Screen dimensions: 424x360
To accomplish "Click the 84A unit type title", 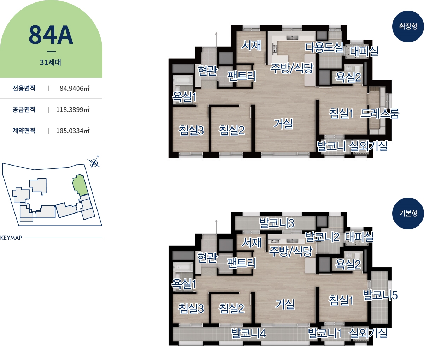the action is click(51, 35).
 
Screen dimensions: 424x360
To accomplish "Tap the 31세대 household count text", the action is click(51, 62).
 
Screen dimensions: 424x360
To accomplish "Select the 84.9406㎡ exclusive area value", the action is click(75, 88).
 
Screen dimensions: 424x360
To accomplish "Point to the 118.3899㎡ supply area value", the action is click(73, 109).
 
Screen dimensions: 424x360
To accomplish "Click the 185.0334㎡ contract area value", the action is click(73, 131).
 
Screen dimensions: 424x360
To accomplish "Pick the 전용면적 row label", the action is click(24, 88).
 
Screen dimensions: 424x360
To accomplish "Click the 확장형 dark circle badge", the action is click(408, 26).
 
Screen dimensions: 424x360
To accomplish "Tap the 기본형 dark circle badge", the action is click(408, 213).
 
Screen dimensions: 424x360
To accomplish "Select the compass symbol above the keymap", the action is click(94, 163).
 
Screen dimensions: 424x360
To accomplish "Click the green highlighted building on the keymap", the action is click(80, 185).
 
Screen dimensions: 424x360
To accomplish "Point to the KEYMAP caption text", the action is click(11, 238).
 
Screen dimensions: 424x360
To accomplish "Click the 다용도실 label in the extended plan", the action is click(324, 47).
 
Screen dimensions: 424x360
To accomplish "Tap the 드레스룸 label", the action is click(380, 113).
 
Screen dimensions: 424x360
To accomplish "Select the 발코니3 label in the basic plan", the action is click(277, 223).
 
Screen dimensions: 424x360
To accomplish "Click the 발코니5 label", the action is click(380, 295).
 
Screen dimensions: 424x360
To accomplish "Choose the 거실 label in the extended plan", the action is click(283, 124).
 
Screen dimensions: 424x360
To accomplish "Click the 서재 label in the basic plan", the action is click(251, 242).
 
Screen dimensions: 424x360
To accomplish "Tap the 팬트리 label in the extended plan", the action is click(242, 76).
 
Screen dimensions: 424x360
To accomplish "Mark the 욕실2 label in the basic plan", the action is click(348, 264).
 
